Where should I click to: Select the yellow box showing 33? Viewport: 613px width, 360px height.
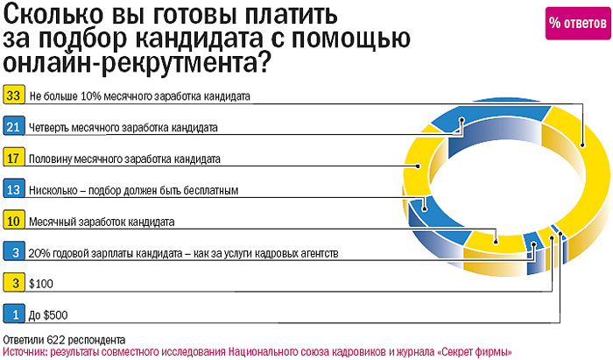[13, 96]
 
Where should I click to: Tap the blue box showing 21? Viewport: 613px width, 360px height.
[13, 127]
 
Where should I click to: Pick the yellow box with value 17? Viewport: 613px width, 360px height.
[13, 159]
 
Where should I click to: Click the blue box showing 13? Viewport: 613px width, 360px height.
[13, 189]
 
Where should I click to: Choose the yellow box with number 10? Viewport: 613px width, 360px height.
[13, 221]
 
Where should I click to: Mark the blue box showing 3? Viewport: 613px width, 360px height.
[13, 252]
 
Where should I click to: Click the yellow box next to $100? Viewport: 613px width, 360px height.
[13, 283]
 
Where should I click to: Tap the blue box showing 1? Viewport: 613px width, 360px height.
[13, 314]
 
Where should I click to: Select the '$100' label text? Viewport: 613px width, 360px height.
[41, 284]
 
